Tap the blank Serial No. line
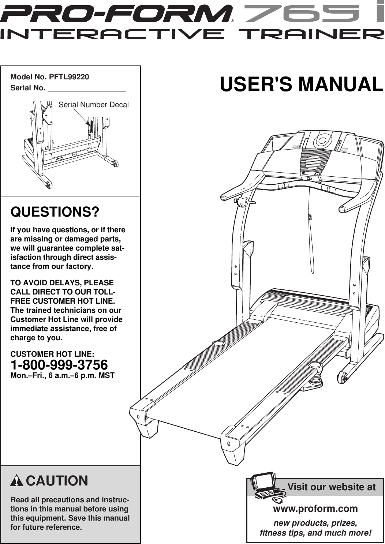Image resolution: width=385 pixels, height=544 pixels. point(87,88)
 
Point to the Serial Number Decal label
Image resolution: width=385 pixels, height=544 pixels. point(93,105)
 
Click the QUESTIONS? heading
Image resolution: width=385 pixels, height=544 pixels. point(55,212)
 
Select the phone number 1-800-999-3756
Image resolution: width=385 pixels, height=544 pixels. point(59,365)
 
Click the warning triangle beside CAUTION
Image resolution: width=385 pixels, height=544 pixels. point(17,481)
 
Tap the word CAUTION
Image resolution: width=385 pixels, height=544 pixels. point(57,481)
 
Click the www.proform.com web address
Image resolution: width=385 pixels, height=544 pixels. point(315,508)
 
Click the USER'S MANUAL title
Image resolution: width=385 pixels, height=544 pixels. point(301,85)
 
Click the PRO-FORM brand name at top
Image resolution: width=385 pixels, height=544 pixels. point(116,14)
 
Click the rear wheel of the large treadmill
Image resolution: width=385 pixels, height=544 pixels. point(343,377)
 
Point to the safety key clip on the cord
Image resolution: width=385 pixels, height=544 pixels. point(310,217)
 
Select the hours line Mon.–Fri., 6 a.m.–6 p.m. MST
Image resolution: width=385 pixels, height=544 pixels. point(62,375)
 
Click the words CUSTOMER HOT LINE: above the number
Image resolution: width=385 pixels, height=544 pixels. point(52,354)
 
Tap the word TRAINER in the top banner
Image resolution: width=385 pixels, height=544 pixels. point(311,35)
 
